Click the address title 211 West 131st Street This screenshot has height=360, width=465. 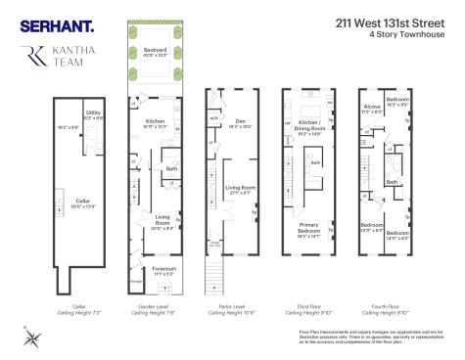[x=386, y=19]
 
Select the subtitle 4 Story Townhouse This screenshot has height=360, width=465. [x=402, y=35]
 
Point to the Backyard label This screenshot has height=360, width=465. [x=156, y=50]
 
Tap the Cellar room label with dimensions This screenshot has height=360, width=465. [x=82, y=202]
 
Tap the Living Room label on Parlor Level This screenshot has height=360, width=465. [x=241, y=190]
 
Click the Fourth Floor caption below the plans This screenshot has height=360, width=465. [x=382, y=311]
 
